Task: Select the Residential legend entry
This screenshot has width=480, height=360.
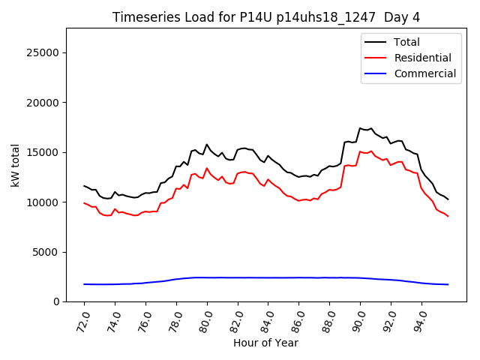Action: [423, 58]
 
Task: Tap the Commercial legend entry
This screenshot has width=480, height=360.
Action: [425, 73]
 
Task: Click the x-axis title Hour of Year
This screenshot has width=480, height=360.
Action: [266, 343]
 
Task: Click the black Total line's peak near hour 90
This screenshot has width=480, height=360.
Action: [360, 128]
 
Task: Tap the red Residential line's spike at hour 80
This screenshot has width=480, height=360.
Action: [207, 168]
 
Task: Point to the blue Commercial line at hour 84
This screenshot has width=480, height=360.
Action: [268, 277]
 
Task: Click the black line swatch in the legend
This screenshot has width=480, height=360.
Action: [376, 42]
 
